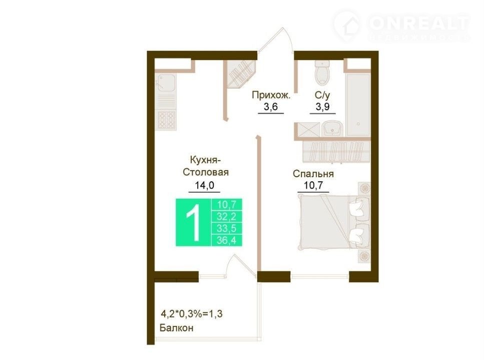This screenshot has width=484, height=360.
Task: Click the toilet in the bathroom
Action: (x=322, y=72)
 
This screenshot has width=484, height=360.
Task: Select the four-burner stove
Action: (x=167, y=120)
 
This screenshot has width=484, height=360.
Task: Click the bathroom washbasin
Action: (x=333, y=128)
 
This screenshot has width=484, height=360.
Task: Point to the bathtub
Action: (x=358, y=105)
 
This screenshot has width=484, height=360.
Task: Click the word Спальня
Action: (x=313, y=174)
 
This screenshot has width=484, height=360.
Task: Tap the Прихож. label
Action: (x=271, y=95)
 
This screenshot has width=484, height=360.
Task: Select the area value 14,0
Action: (x=204, y=185)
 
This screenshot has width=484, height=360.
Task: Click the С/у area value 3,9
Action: (x=322, y=107)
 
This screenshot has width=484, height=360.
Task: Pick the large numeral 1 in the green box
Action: (x=194, y=222)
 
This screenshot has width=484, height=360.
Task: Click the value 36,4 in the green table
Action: (x=227, y=240)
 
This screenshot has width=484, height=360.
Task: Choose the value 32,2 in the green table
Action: (x=227, y=216)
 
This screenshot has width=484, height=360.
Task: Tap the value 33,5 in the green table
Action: (x=227, y=228)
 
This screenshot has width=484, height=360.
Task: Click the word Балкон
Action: (x=176, y=327)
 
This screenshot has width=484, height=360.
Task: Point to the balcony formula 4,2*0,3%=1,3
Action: (x=192, y=314)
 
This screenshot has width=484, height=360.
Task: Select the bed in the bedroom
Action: (x=333, y=221)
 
